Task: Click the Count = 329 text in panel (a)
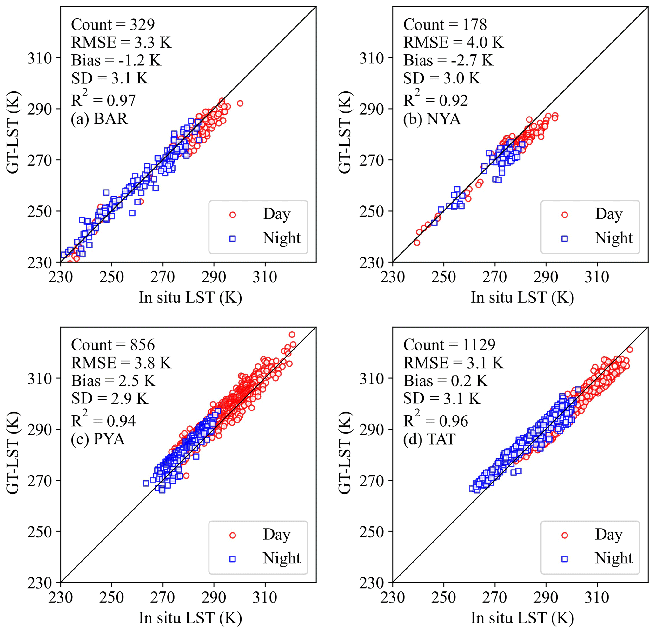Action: [x=113, y=25]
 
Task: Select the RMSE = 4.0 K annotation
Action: [x=453, y=43]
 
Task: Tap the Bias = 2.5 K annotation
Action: [x=113, y=381]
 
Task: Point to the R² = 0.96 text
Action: [x=435, y=420]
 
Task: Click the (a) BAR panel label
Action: [x=99, y=119]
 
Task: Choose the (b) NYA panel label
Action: [x=432, y=119]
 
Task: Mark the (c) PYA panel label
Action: [x=98, y=439]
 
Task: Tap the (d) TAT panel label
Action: [x=429, y=439]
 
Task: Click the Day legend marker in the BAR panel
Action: [x=233, y=215]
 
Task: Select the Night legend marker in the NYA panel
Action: [x=565, y=239]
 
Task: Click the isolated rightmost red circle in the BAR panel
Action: [x=240, y=103]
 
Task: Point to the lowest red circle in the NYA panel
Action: [x=417, y=243]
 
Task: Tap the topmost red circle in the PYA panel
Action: [x=292, y=335]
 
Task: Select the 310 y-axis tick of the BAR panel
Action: [x=40, y=58]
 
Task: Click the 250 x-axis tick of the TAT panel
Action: [x=443, y=597]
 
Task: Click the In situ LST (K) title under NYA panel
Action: [x=522, y=297]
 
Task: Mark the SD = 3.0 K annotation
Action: [x=441, y=78]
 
